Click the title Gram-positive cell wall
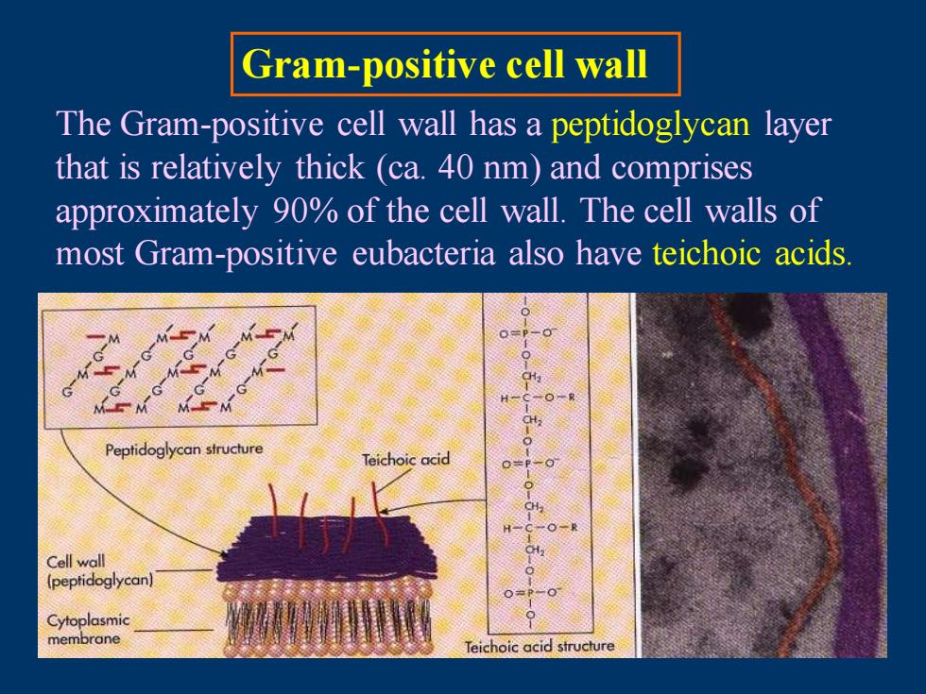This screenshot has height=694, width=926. coord(445,64)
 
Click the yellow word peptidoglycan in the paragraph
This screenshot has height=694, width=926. coord(650,125)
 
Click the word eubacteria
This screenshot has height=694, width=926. coord(423,253)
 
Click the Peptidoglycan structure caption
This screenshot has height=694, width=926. coord(184,449)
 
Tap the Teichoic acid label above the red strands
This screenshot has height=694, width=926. coord(405,459)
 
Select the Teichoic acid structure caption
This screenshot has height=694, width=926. coord(540,647)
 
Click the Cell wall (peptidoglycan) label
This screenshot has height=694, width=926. coord(100,570)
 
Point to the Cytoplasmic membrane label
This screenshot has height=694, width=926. coord(88,629)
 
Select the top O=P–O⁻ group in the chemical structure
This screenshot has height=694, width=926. coord(527,333)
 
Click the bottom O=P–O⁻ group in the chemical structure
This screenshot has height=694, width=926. coord(531,593)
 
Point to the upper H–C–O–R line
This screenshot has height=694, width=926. coord(538,398)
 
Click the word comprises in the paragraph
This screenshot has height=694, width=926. coord(681,168)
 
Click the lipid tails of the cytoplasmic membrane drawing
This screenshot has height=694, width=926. coord(329,621)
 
